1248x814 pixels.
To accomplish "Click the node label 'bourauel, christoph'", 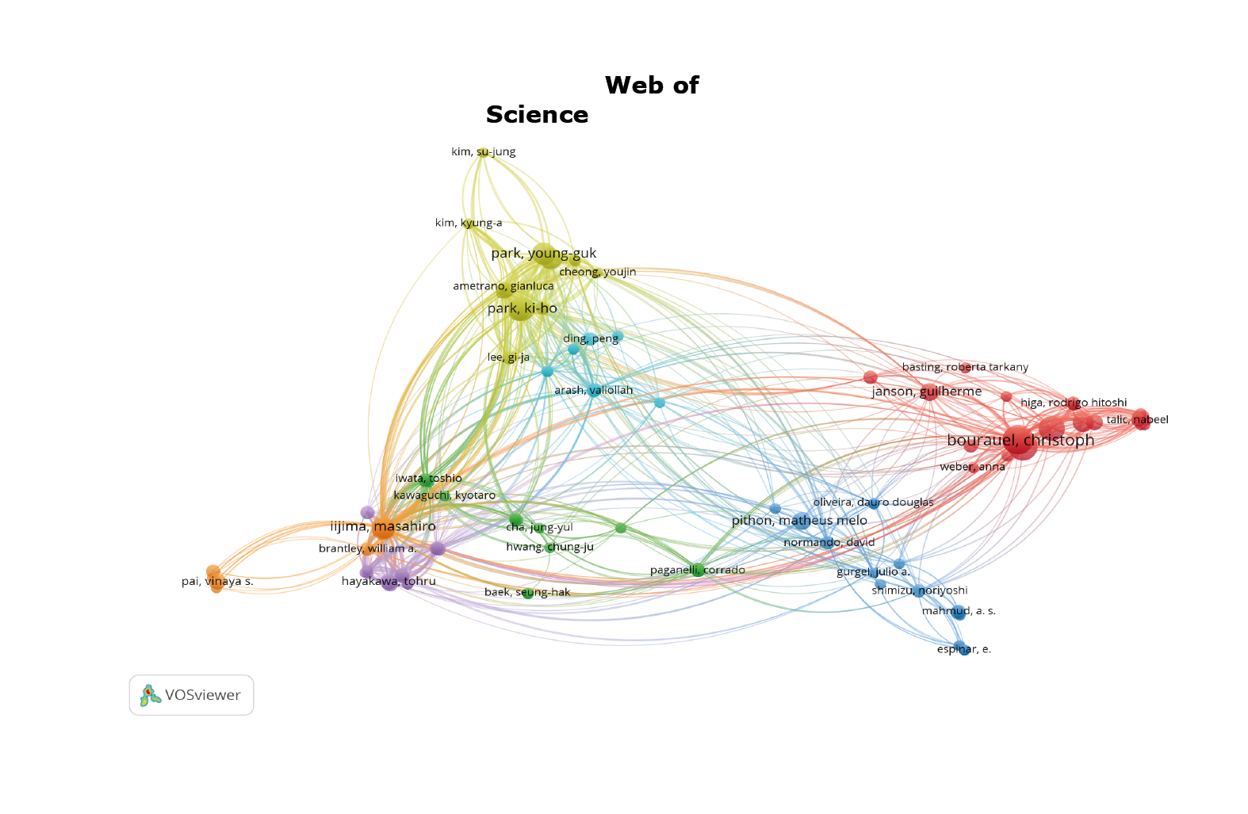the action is tap(1020, 440).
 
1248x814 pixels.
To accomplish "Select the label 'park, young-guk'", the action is tap(543, 254).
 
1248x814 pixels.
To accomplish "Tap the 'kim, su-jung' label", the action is tap(483, 151).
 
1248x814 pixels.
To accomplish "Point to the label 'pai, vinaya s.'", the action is tap(217, 581).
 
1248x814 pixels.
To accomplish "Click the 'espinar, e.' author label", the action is tap(963, 649).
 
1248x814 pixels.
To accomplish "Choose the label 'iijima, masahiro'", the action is tap(383, 525).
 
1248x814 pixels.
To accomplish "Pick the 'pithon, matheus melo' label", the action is tap(798, 520).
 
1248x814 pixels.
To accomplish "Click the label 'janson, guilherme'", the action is tap(926, 391).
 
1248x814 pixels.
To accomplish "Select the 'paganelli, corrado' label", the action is tap(697, 570).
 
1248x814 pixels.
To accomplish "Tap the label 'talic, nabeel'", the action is tap(1137, 419).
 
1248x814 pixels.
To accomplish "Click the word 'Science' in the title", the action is tap(537, 115).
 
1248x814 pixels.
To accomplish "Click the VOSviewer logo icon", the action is tap(148, 695).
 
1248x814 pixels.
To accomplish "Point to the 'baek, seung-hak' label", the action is tap(526, 592).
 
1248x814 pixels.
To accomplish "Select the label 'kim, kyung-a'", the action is tap(468, 223).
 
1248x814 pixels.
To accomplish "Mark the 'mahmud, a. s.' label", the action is tap(958, 611).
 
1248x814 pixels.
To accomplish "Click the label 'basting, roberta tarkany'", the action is tap(964, 367).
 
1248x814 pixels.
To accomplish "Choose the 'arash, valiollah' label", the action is tap(593, 390).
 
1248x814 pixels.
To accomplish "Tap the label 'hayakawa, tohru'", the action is tap(389, 581).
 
